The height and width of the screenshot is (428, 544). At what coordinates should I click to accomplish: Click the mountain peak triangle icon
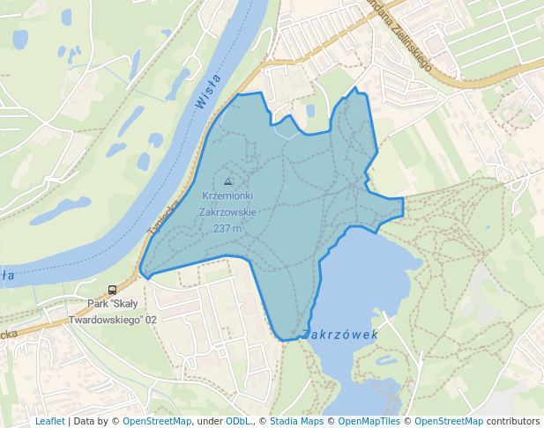point(228,181)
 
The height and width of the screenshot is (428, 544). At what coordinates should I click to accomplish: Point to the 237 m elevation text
point(227,228)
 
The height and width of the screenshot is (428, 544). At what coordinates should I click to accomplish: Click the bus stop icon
point(112,290)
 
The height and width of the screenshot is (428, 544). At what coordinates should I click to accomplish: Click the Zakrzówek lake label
point(339,335)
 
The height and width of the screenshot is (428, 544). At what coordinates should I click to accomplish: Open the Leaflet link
point(49,421)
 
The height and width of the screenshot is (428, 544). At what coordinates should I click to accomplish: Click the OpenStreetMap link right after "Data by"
point(157,421)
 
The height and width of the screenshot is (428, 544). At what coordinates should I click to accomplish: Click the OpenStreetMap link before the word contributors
point(449,421)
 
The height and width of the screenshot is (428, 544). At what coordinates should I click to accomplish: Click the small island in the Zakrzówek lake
point(384,359)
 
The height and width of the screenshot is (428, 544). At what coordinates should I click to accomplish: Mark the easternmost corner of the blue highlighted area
point(403,206)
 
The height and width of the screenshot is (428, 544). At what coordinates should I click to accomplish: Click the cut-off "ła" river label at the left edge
point(8,276)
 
